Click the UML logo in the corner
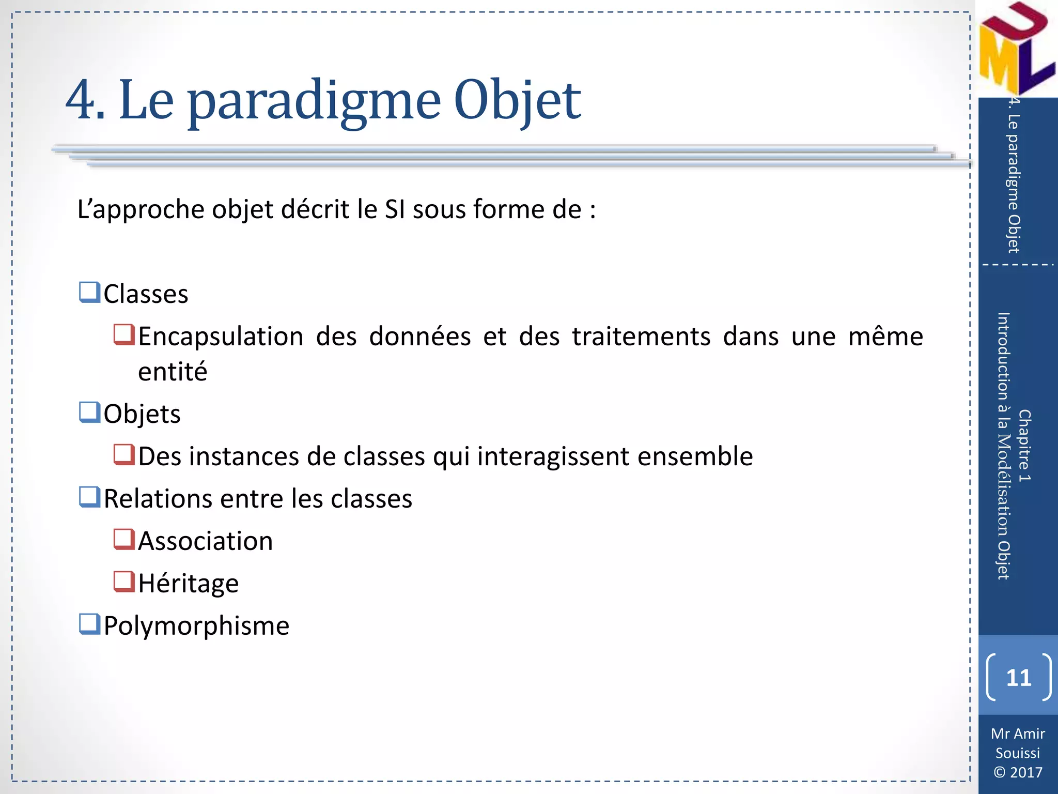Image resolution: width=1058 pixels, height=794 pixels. [1016, 49]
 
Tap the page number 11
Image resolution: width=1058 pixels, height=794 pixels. [1018, 677]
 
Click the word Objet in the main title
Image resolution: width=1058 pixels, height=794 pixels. [517, 101]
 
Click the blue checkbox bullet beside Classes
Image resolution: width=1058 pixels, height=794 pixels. [89, 293]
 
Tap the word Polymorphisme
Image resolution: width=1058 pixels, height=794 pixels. [196, 626]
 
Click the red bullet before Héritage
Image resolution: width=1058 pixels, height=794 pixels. [124, 582]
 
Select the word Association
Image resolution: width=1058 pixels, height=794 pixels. [205, 541]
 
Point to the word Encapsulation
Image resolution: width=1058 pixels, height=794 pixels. [221, 337]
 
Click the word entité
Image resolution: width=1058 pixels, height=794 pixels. [173, 372]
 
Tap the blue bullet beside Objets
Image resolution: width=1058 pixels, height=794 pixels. [89, 413]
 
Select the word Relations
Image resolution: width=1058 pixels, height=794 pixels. [158, 499]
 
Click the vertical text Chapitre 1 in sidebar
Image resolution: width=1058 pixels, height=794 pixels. [1024, 446]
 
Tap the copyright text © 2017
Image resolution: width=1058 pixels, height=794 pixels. [1018, 772]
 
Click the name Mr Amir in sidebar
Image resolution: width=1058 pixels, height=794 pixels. [1018, 734]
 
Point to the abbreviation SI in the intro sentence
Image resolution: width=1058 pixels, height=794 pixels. [395, 209]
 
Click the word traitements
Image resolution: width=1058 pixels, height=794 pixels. [641, 337]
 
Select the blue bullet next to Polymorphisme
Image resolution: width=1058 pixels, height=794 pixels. [89, 624]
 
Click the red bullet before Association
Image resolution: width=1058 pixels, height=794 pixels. [124, 540]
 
